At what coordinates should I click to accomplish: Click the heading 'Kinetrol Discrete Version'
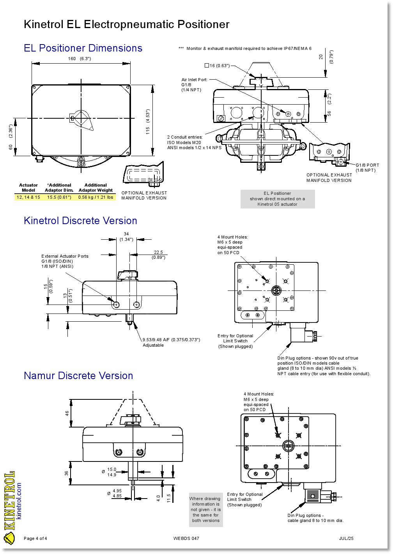80,221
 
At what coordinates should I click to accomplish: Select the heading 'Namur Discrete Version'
78,376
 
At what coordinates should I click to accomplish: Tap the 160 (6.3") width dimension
79,59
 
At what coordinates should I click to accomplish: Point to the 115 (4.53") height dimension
148,122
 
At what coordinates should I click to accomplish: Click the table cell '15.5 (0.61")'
59,197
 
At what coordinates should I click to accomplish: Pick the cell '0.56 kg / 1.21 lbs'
96,197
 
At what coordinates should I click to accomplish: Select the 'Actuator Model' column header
28,188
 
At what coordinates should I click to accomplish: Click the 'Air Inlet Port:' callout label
195,80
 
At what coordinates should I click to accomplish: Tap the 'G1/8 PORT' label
367,165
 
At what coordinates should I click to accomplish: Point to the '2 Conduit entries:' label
185,137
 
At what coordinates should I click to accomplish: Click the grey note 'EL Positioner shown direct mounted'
278,199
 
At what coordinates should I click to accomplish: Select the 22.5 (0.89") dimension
158,255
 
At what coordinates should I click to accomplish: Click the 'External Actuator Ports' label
65,256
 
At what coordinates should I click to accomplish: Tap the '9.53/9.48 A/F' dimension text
171,340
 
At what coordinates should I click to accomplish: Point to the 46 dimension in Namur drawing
67,413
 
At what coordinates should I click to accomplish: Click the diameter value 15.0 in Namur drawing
112,470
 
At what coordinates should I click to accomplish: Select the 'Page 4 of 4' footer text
35,538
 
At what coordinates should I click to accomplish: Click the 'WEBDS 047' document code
186,538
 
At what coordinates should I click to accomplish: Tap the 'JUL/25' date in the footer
346,538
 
